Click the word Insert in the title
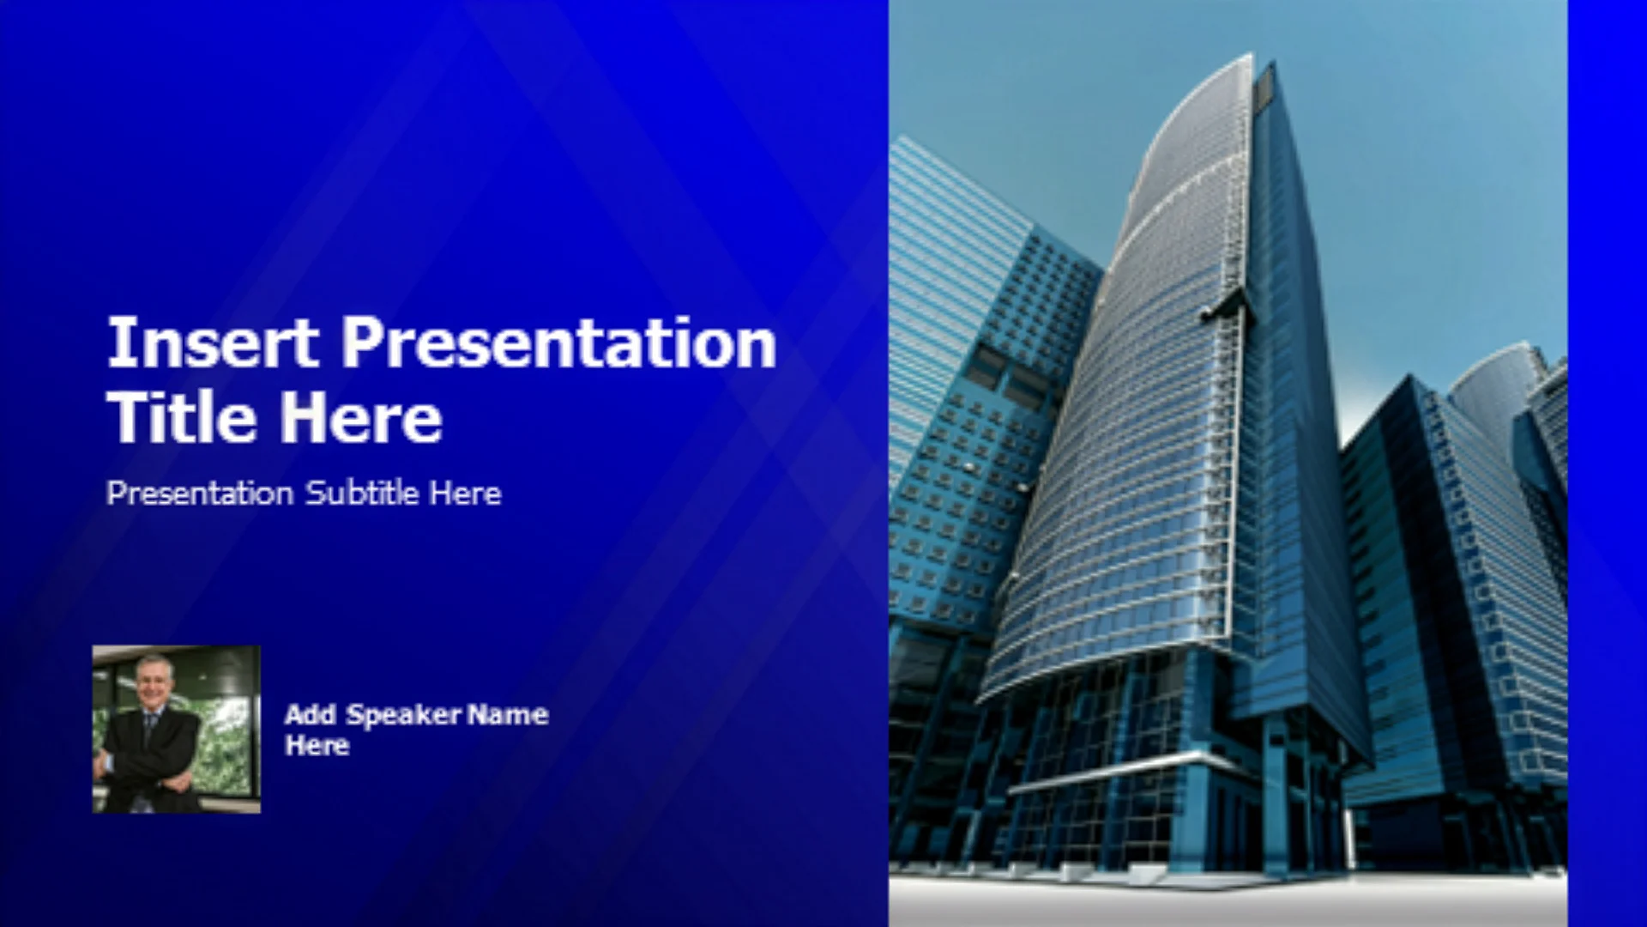[x=213, y=342]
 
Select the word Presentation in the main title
[x=559, y=342]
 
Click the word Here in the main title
[x=361, y=417]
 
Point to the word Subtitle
[x=362, y=493]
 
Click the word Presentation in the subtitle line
[x=200, y=493]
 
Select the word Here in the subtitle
[x=466, y=493]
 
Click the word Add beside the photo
[x=310, y=714]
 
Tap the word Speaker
[x=404, y=716]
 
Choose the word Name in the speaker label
[x=508, y=714]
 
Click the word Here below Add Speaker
[x=317, y=745]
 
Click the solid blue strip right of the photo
[x=1608, y=463]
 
